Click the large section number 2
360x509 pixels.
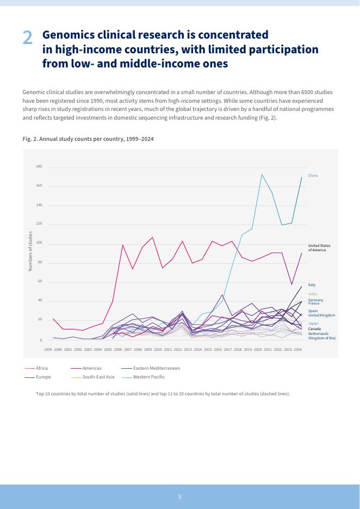(28, 38)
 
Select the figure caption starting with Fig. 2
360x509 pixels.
(88, 139)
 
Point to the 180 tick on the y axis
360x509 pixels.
(39, 166)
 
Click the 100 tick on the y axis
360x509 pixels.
(39, 244)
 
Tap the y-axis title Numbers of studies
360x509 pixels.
(30, 251)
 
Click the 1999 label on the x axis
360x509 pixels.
(48, 350)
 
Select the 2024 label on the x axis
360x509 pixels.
(297, 350)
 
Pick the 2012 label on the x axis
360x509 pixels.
(178, 350)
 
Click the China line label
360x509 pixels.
(313, 176)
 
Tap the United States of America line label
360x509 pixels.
(319, 247)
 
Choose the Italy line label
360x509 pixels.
(312, 285)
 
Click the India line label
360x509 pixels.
(312, 294)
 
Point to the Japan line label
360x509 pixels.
(313, 324)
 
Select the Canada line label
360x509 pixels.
(314, 329)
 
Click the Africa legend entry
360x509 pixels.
(42, 368)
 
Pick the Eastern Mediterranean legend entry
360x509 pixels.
(156, 368)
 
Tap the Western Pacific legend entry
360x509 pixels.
(148, 377)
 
